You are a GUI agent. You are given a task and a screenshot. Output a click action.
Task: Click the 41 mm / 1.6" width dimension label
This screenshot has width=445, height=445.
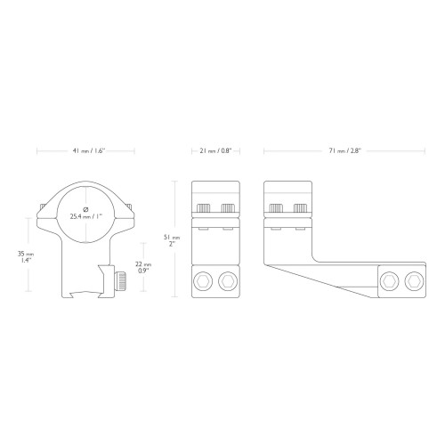[x=89, y=150]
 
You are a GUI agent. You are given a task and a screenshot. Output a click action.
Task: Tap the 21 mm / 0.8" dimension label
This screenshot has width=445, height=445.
[x=215, y=150]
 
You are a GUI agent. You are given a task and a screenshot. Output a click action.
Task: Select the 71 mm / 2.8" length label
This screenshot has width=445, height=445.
[x=344, y=150]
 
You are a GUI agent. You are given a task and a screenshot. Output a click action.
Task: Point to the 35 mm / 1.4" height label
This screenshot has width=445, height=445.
[x=26, y=257]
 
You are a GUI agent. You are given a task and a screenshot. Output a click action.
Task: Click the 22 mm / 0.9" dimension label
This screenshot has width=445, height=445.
[x=143, y=267]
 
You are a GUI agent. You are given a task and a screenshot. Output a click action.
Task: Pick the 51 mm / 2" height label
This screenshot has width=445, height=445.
[x=172, y=240]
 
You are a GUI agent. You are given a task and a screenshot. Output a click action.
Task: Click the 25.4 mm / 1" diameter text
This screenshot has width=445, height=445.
[x=86, y=216]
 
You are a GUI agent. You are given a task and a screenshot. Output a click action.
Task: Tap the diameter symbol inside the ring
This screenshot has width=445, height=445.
[x=85, y=209]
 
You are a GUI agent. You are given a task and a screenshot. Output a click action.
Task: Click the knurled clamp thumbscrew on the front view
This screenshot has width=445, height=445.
[x=120, y=281]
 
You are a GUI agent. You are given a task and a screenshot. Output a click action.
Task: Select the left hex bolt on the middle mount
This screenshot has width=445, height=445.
[x=203, y=281]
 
